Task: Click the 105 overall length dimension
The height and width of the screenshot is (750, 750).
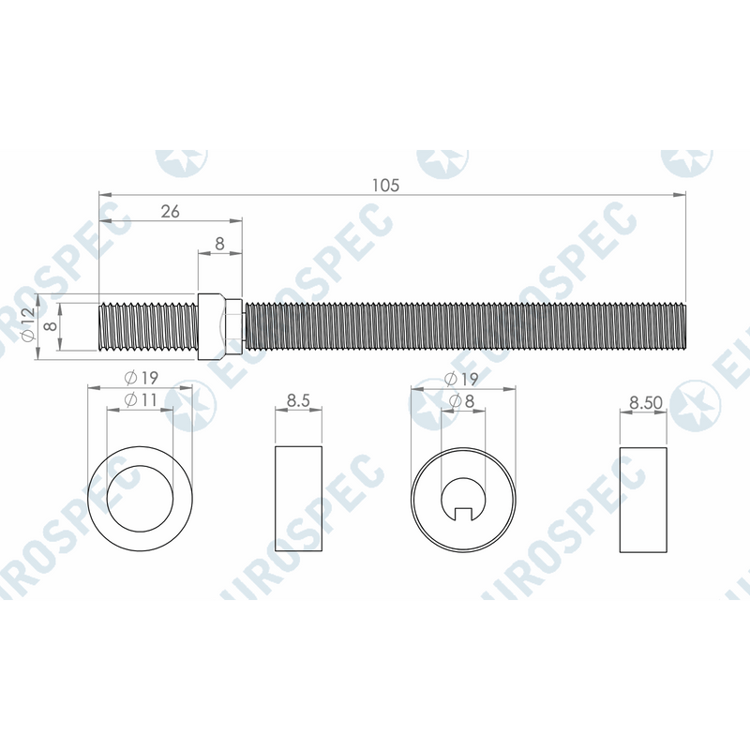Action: pos(385,185)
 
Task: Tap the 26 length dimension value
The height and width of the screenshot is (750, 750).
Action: pos(170,211)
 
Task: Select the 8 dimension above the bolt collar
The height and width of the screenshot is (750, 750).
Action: pos(219,244)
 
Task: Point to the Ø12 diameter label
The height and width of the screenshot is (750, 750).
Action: pos(28,324)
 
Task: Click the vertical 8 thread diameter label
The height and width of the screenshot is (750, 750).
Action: pos(51,326)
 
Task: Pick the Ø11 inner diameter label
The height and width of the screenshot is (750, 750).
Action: pos(141,399)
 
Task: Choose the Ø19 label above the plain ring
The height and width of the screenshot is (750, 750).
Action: pos(141,378)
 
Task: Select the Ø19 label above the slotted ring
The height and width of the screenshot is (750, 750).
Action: pos(461,380)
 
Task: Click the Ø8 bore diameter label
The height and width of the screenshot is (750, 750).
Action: pos(462,401)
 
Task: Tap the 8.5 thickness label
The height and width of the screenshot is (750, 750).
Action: pos(298,400)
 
